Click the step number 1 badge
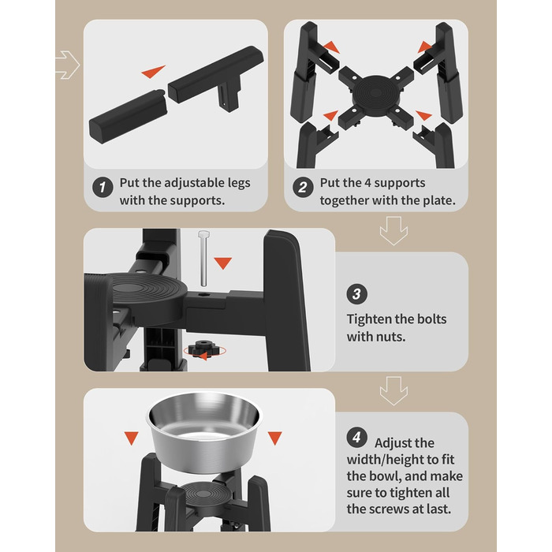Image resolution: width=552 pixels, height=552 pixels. click(x=103, y=187)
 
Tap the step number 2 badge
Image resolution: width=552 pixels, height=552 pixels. click(x=303, y=187)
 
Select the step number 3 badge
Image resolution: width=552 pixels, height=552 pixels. click(x=356, y=294)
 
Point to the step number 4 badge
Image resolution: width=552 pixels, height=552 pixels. click(x=356, y=438)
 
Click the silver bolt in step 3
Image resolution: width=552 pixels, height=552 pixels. click(x=203, y=258)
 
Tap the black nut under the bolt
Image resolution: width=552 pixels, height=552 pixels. click(x=203, y=348)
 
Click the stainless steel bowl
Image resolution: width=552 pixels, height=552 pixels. click(x=204, y=432)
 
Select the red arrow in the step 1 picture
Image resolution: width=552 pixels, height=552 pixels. click(x=153, y=71)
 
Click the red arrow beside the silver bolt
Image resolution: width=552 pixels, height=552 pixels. click(x=223, y=263)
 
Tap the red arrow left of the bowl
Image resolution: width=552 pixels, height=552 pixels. click(x=132, y=438)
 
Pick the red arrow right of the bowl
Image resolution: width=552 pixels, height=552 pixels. click(x=275, y=438)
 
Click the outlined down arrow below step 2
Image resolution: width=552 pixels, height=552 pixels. click(x=393, y=231)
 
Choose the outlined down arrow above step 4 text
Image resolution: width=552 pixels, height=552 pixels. click(x=393, y=391)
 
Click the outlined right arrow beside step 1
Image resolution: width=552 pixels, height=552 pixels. click(x=68, y=65)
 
